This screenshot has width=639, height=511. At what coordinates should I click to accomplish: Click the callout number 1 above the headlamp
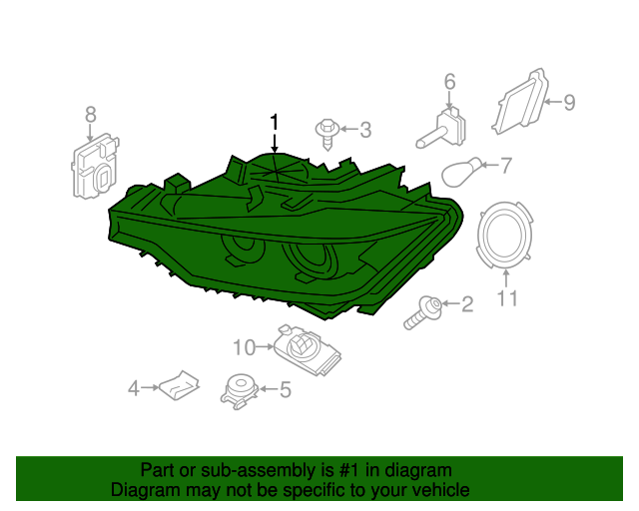tap(276, 122)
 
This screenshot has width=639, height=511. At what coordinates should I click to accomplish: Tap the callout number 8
tap(91, 114)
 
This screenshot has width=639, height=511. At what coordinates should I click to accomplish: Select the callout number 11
tap(507, 297)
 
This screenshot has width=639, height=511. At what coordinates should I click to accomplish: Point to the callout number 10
tap(244, 347)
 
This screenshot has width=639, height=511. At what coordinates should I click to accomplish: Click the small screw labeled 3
tap(326, 134)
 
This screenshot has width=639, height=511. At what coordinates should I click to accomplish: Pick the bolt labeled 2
tap(423, 312)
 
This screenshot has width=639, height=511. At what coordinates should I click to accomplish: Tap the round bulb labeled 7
tap(462, 173)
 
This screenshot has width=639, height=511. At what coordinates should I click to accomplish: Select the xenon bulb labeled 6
tap(442, 128)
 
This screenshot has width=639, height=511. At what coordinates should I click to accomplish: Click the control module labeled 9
tap(520, 101)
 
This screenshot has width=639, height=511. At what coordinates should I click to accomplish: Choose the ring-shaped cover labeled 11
tap(505, 236)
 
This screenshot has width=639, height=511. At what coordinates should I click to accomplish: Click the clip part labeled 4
tap(180, 385)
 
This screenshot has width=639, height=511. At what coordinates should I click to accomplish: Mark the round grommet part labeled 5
tap(240, 391)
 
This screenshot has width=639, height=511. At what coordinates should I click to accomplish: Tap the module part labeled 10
tap(307, 350)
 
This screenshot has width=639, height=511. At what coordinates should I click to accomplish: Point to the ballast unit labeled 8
tap(95, 167)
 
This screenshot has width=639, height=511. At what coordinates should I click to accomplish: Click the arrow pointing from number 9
tap(553, 102)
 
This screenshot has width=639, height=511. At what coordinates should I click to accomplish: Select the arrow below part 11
tap(506, 278)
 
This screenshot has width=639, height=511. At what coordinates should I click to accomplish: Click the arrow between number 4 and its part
tap(150, 387)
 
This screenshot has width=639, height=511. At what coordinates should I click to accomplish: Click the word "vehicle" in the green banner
tap(441, 490)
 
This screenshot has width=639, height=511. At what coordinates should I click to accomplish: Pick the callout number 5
tap(286, 389)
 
